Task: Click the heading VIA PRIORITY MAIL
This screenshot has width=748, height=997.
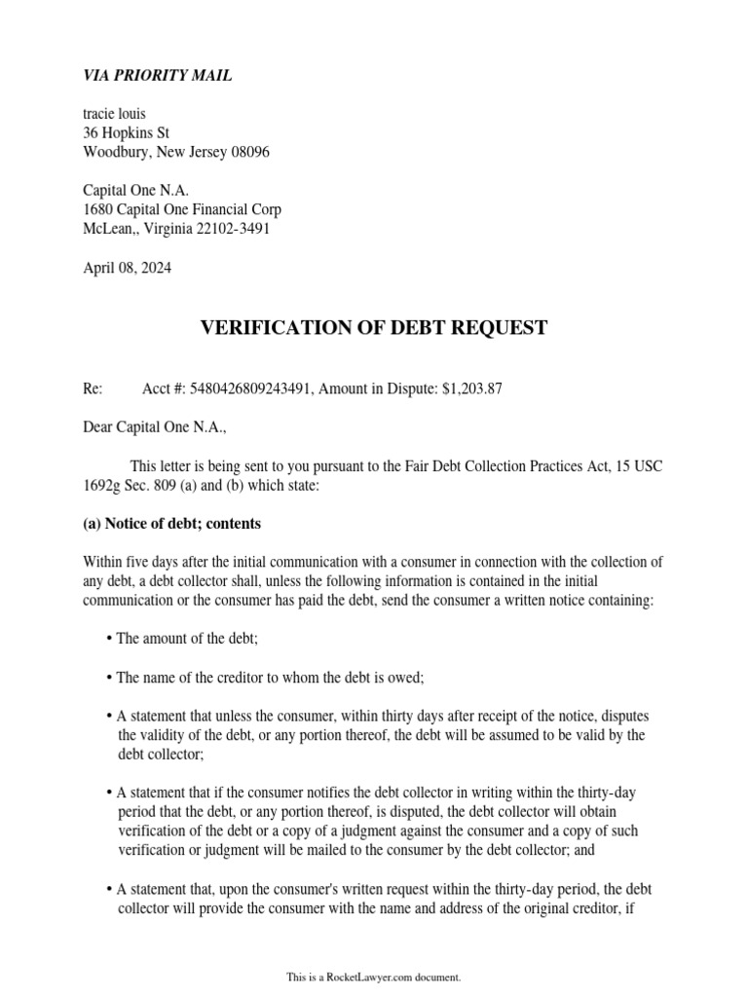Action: [158, 76]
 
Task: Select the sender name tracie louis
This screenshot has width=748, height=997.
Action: [114, 114]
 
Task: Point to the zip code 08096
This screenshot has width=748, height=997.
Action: [249, 153]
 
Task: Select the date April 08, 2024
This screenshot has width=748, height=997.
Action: [127, 268]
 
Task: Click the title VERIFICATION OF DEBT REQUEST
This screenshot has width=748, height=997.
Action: [374, 328]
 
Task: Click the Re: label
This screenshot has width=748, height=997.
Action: [93, 389]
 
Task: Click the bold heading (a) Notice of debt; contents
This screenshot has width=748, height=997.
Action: [171, 524]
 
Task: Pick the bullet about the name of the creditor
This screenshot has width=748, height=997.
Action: [270, 678]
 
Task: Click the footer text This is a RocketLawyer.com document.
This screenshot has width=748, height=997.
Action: [373, 977]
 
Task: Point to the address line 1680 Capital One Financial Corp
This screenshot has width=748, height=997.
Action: [182, 210]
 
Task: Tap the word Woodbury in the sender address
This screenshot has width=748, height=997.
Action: [114, 153]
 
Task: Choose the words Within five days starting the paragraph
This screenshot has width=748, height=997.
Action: [127, 562]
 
